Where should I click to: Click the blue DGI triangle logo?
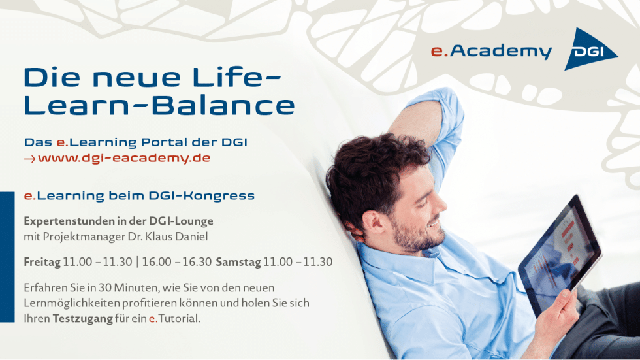point(588,50)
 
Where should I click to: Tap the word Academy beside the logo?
point(501,52)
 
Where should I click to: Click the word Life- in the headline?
point(236,77)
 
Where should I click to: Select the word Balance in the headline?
point(223,105)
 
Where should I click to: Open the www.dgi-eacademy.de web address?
point(124,158)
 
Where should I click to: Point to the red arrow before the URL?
point(29,159)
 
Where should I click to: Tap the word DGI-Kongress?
point(201,196)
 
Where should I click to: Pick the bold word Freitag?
point(42,262)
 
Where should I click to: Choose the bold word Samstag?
point(238,262)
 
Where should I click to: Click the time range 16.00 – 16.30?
point(177,262)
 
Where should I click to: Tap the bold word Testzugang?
point(82,319)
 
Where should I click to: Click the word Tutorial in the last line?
point(179,318)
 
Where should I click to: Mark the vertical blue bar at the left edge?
point(7,257)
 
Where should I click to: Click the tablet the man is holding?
point(560,255)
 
